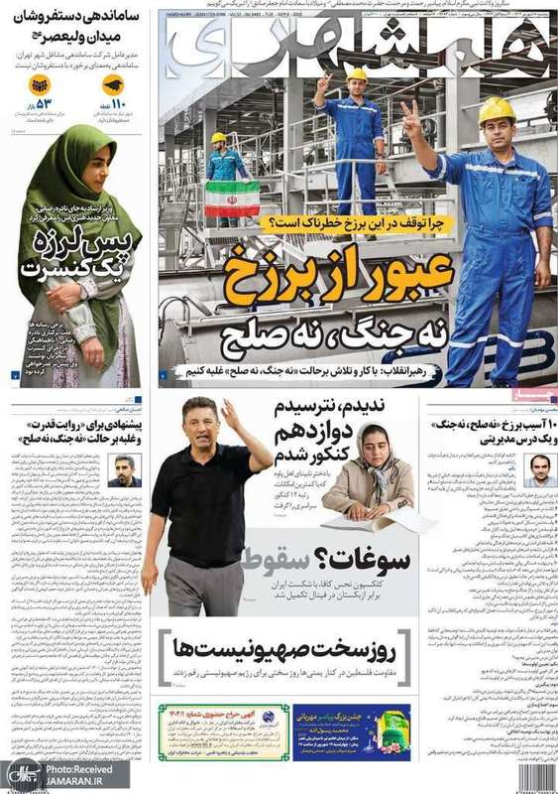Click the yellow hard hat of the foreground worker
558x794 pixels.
click(497, 108)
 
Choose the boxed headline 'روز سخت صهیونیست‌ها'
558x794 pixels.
click(287, 650)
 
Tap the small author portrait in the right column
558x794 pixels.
click(539, 469)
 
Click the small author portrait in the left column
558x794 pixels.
click(124, 469)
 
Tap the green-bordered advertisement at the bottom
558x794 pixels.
click(224, 731)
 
